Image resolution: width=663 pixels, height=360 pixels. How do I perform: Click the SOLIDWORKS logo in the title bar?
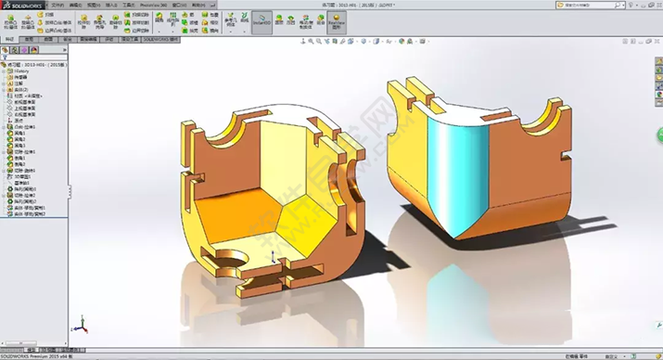[20, 5]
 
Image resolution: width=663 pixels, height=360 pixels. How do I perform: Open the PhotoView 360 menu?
[148, 5]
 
